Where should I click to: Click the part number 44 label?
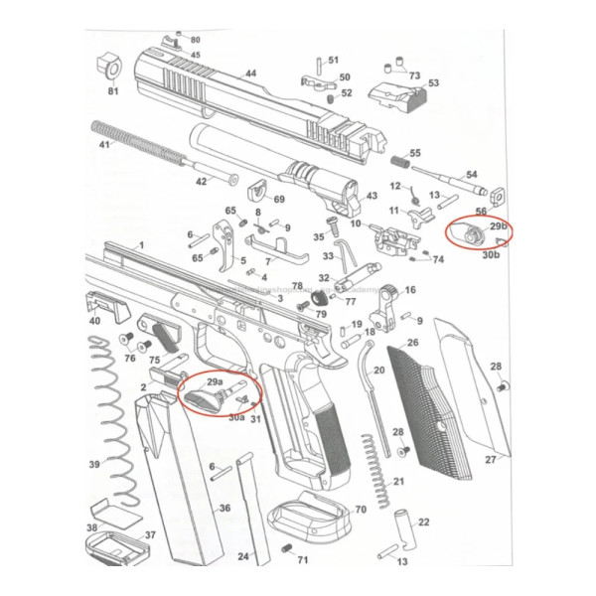pos(250,74)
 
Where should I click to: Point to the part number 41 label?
pos(103,145)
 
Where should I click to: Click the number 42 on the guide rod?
pos(200,181)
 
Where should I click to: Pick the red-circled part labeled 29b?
pos(469,233)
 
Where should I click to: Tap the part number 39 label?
pos(94,465)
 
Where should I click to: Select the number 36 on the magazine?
pos(224,508)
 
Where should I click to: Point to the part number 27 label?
pos(490,460)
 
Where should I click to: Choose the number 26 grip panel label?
pos(411,343)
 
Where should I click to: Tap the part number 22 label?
pos(423,521)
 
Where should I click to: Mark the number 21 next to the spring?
pos(398,482)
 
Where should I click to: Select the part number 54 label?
pos(471,174)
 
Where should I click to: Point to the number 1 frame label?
pos(140,244)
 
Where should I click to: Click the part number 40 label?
pos(94,321)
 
